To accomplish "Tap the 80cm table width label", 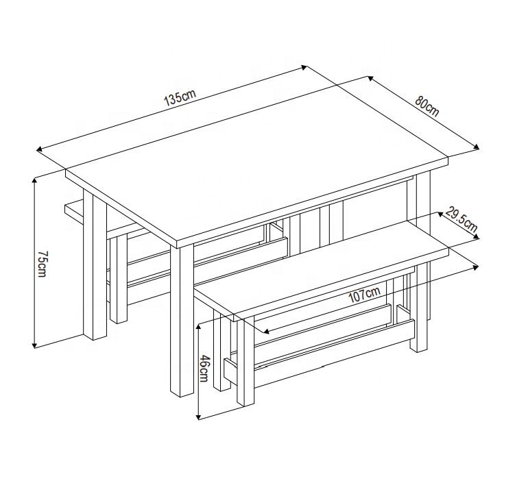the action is [x=427, y=106].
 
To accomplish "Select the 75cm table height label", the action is [x=43, y=264].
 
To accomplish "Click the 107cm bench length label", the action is [x=364, y=295].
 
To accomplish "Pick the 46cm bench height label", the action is [x=204, y=369].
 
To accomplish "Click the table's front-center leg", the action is [x=182, y=320].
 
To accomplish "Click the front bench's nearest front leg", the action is [x=245, y=361].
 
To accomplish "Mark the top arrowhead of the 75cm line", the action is [x=34, y=181].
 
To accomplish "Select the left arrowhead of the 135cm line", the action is [x=39, y=149].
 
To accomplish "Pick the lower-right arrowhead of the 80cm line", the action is [x=476, y=147].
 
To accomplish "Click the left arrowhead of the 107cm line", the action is [x=266, y=332].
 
